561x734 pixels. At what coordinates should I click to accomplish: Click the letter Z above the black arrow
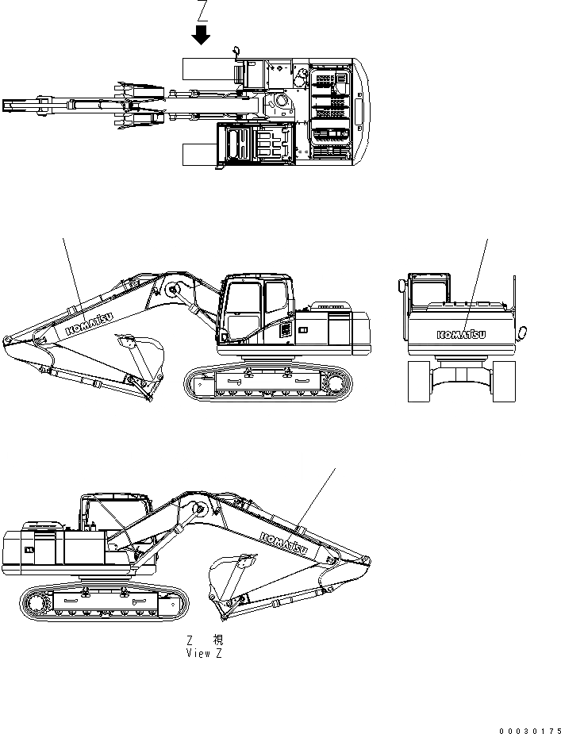coord(202,11)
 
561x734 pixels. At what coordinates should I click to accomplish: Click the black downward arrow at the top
coord(202,35)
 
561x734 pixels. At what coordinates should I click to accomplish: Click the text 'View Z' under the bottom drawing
coord(204,653)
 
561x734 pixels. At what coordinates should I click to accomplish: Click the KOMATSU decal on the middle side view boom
coord(87,321)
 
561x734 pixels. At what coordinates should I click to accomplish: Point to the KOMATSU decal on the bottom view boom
coord(284,543)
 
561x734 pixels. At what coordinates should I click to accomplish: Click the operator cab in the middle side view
coord(255,309)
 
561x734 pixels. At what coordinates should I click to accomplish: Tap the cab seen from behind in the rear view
coord(428,290)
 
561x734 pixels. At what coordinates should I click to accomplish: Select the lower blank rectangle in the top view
coord(198,154)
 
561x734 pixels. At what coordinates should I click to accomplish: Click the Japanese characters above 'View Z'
coord(204,640)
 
